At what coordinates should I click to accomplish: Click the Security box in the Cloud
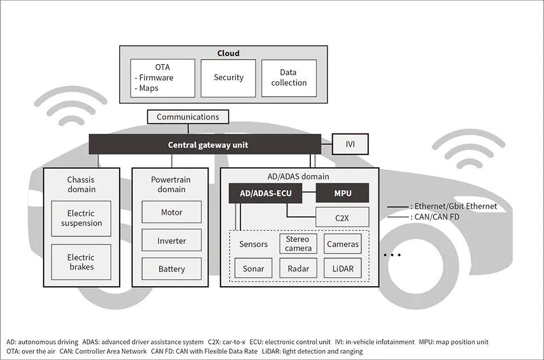pos(228,78)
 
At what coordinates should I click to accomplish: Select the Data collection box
pos(289,78)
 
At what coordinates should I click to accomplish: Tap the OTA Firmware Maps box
pos(163,78)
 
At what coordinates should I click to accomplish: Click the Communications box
pos(188,117)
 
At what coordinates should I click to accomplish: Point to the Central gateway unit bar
pos(208,145)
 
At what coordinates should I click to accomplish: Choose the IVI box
pos(350,144)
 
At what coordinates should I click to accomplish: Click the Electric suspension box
pos(81,219)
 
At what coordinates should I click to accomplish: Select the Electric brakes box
pos(81,262)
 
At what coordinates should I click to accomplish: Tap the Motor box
pos(172,212)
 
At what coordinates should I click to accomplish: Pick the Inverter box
pos(172,241)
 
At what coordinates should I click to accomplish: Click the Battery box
pos(172,269)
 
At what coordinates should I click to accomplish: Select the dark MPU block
pos(342,193)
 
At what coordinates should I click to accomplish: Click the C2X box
pos(342,217)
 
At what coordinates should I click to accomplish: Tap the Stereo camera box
pos(298,244)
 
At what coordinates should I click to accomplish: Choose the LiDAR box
pos(342,268)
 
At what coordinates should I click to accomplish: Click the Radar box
pos(298,268)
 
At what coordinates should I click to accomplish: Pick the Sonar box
pos(253,268)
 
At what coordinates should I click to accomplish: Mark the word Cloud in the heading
pos(228,53)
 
